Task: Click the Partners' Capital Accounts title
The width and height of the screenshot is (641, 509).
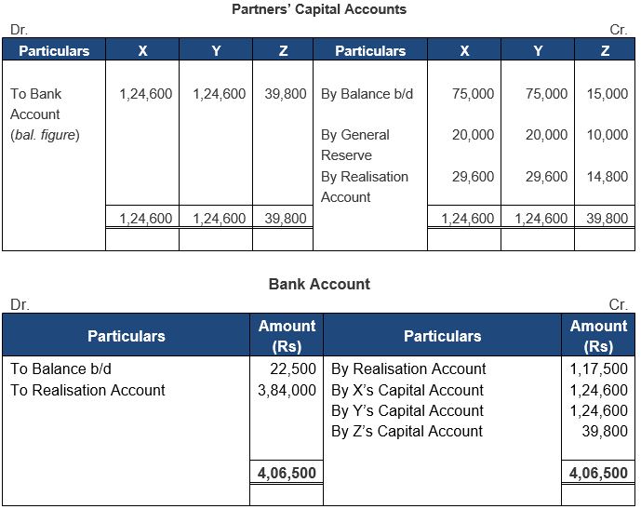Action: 319,9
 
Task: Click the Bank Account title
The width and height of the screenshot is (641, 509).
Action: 319,284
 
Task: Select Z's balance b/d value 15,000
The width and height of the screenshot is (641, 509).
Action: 608,94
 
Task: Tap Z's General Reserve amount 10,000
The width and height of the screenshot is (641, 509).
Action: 608,135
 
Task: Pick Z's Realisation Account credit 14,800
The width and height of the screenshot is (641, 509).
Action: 608,177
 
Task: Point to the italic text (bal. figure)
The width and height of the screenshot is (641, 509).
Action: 45,135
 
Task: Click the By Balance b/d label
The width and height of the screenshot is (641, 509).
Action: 367,94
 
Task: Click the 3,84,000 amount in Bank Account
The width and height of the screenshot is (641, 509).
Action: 287,390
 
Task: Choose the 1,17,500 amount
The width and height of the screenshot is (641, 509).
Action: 598,368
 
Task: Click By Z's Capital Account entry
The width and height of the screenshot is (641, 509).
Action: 407,431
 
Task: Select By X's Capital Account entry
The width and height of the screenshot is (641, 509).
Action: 407,390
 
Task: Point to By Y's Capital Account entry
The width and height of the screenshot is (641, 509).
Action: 407,410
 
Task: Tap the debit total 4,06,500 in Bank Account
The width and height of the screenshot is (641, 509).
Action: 287,473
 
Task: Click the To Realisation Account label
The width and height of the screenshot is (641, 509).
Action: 87,390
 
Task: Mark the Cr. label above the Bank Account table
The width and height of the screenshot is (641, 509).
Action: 618,304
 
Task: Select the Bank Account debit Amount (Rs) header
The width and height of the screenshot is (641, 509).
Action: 287,336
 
